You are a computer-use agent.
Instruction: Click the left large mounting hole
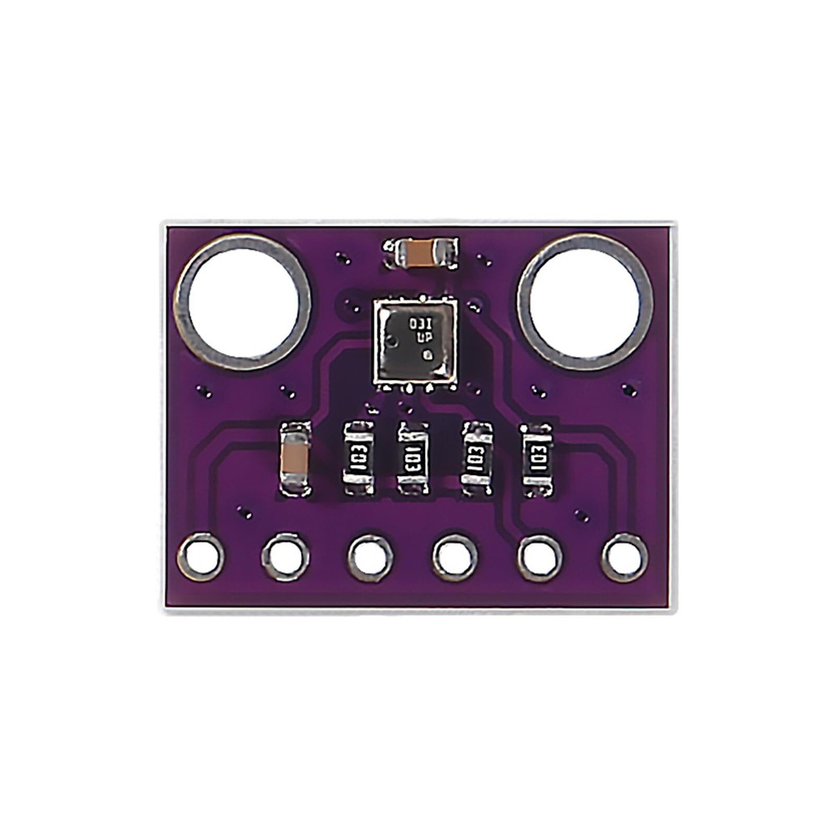pos(242,301)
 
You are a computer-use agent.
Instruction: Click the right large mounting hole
pos(584,301)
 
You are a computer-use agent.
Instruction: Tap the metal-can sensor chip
pos(415,342)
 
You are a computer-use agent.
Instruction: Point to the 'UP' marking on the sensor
pos(425,338)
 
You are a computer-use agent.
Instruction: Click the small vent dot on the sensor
pos(428,355)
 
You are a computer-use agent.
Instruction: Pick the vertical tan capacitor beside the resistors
pos(295,458)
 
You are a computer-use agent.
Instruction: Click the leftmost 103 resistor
pos(358,458)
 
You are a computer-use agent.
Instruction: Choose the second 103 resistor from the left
pos(412,458)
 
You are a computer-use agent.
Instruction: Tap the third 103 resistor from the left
pos(477,458)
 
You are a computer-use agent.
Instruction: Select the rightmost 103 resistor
pos(537,459)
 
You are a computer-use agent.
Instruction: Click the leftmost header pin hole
pos(200,557)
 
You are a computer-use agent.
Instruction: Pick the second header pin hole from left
pos(286,557)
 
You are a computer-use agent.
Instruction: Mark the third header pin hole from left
pos(370,557)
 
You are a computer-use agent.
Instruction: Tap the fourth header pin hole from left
pos(455,557)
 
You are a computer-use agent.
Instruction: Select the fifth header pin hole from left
pos(540,557)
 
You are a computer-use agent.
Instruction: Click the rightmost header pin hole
pos(625,557)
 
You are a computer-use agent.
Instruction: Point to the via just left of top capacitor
pos(342,258)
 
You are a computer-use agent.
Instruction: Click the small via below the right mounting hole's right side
pos(631,389)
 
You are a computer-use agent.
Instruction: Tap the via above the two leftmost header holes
pos(244,511)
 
